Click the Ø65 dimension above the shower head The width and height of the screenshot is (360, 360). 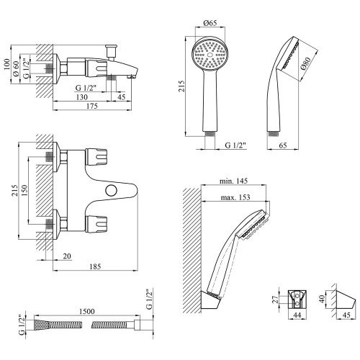click(210, 23)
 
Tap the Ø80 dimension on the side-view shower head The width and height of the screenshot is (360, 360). click(305, 63)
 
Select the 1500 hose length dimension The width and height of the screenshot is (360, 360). click(86, 311)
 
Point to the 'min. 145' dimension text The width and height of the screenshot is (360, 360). click(233, 181)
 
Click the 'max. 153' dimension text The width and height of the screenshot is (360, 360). click(235, 197)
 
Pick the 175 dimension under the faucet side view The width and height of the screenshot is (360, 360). click(92, 106)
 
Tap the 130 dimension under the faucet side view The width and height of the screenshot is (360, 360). click(81, 97)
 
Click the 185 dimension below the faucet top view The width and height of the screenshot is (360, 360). click(95, 266)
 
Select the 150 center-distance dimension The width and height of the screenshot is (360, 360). click(25, 190)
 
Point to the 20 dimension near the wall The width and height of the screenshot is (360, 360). click(67, 256)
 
